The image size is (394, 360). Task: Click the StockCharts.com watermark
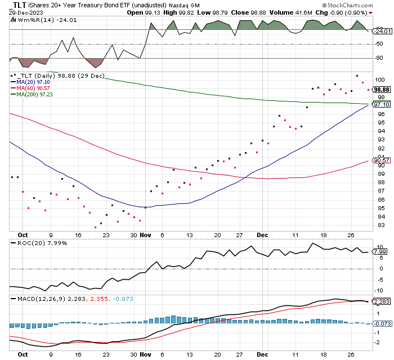pyautogui.click(x=347, y=5)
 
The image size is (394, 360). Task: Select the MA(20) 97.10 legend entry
pyautogui.click(x=30, y=82)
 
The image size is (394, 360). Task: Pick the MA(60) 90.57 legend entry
pyautogui.click(x=30, y=88)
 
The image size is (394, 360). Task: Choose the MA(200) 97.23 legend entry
pyautogui.click(x=32, y=94)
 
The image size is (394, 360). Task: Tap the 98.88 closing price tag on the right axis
pyautogui.click(x=382, y=90)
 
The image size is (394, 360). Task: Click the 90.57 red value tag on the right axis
pyautogui.click(x=382, y=160)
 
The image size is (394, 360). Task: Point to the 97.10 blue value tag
pyautogui.click(x=382, y=104)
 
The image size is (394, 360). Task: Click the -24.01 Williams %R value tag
pyautogui.click(x=382, y=31)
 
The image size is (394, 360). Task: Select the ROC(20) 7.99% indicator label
pyautogui.click(x=39, y=243)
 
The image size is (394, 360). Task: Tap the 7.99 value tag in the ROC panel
pyautogui.click(x=380, y=252)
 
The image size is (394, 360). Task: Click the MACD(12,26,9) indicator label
pyautogui.click(x=38, y=299)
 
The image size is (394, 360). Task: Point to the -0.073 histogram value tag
pyautogui.click(x=382, y=323)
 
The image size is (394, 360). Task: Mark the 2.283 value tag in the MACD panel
pyautogui.click(x=382, y=301)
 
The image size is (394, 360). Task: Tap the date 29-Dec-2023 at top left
pyautogui.click(x=26, y=12)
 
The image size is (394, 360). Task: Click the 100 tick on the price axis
pyautogui.click(x=379, y=80)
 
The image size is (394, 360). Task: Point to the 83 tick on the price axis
pyautogui.click(x=381, y=225)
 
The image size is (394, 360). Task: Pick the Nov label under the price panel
pyautogui.click(x=145, y=235)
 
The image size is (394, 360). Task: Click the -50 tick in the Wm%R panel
pyautogui.click(x=379, y=44)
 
